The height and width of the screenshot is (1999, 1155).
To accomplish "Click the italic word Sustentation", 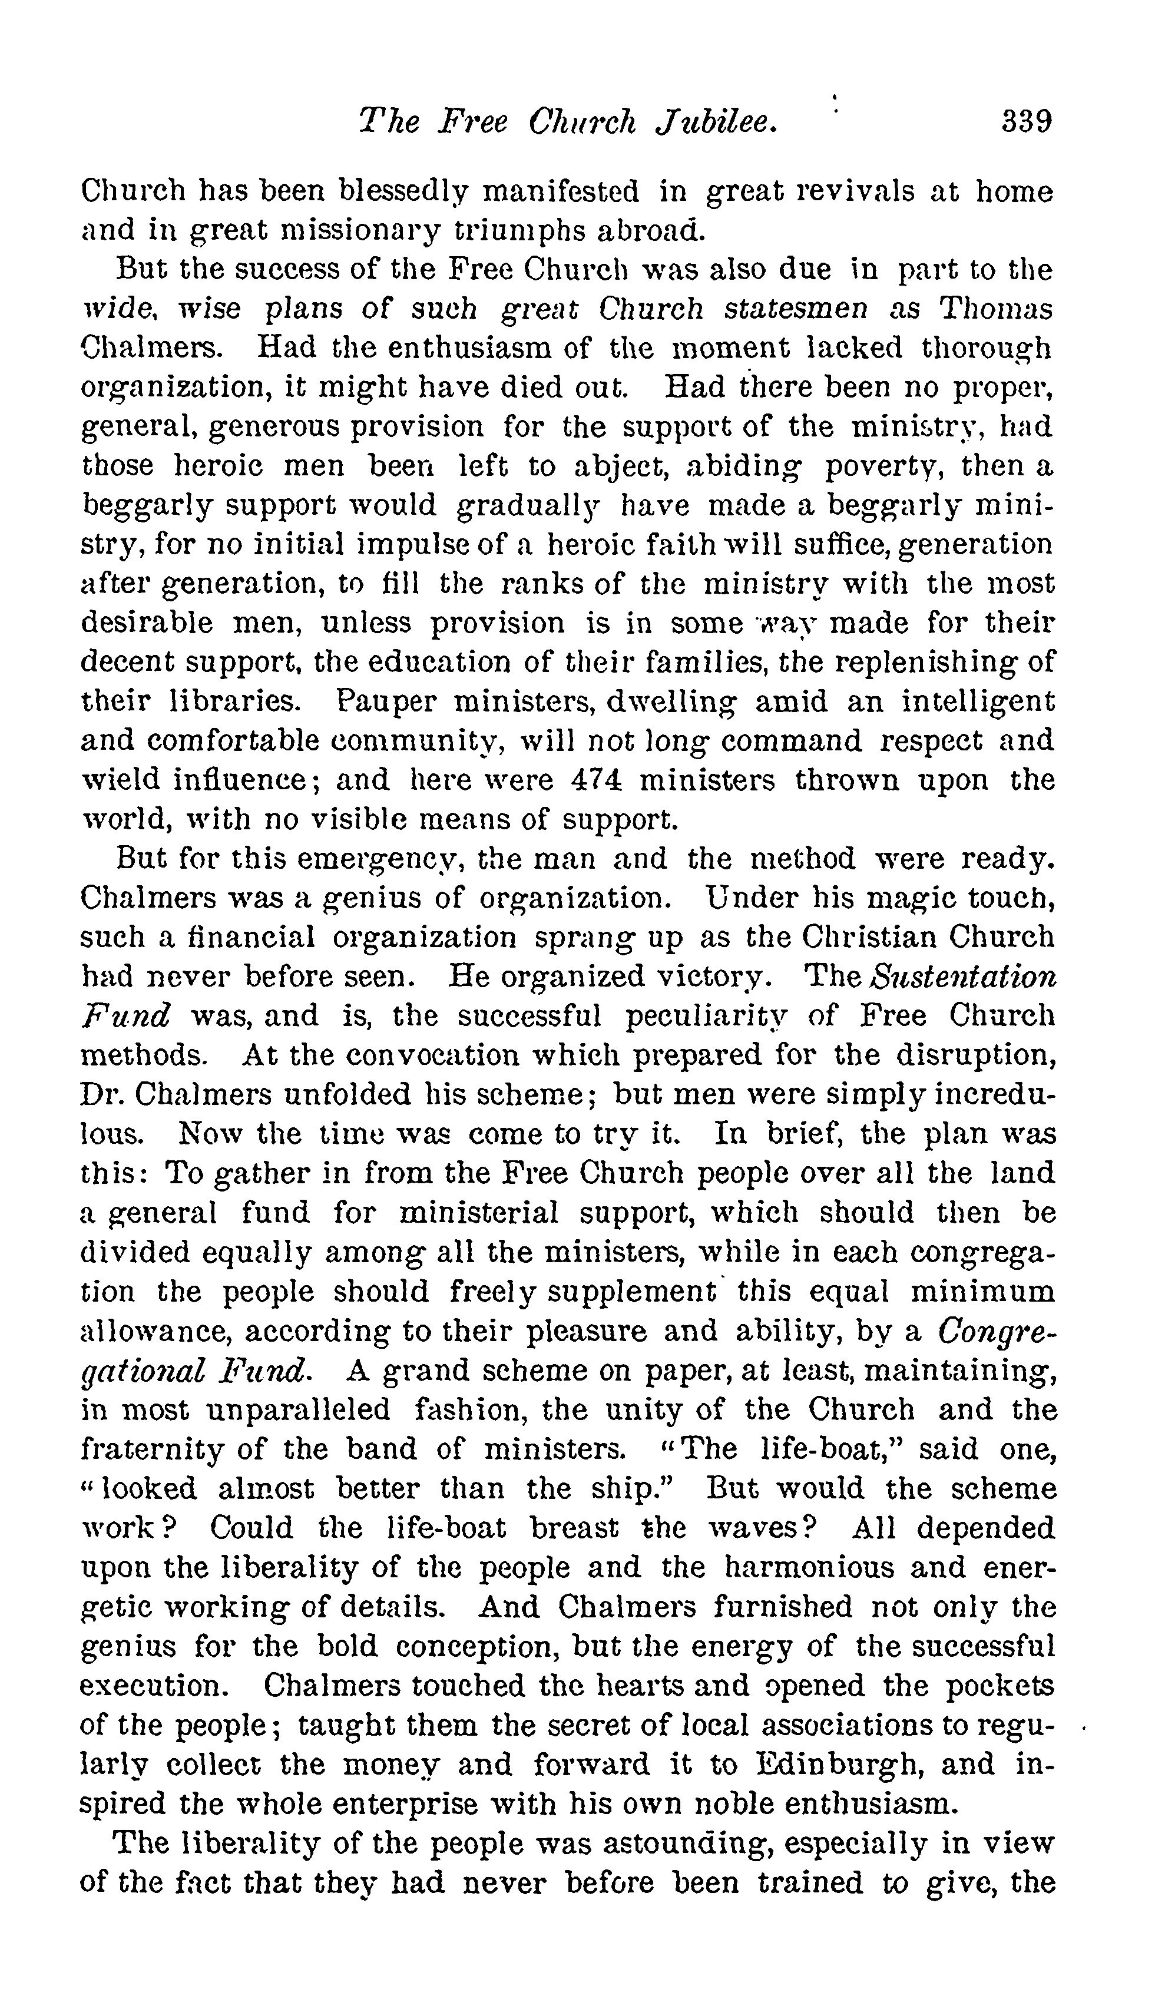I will (963, 977).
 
